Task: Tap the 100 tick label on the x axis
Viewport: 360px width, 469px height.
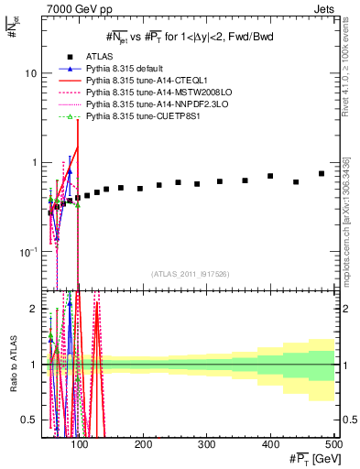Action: (x=80, y=444)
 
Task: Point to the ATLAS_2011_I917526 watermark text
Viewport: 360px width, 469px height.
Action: (x=191, y=274)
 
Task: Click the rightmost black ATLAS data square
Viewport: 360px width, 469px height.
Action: (x=321, y=173)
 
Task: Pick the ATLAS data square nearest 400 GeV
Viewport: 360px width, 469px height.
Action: (x=270, y=176)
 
